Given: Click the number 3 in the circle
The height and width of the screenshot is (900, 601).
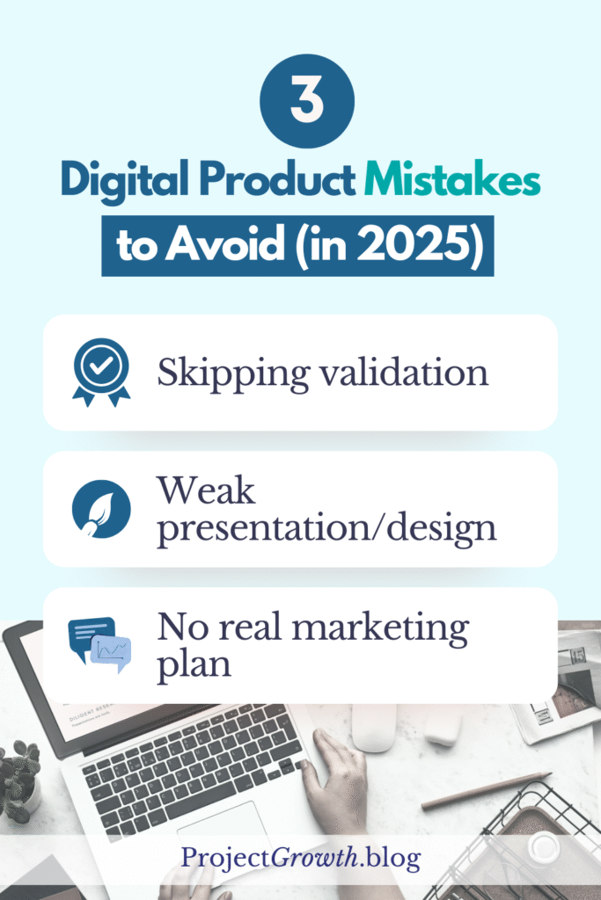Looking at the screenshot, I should click(300, 102).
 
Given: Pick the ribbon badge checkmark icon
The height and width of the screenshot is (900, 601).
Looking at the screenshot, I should click(100, 372).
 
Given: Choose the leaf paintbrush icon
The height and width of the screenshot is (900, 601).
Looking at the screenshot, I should click(100, 508).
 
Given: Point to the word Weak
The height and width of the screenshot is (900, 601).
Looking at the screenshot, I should click(206, 491).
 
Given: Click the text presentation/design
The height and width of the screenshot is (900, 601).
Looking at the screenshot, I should click(326, 528).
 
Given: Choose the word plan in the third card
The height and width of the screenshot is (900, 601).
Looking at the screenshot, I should click(194, 664).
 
